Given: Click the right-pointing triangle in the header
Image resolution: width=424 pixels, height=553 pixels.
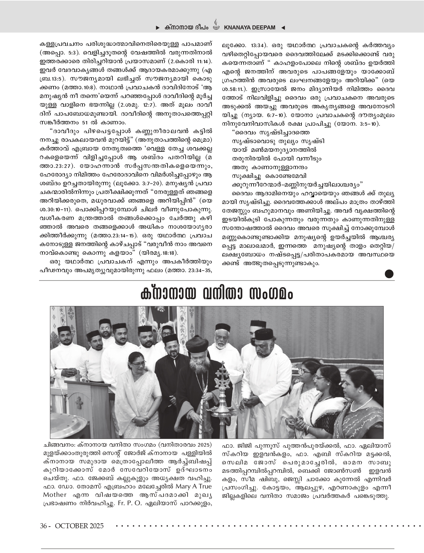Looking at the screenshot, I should pyautogui.click(x=158, y=28).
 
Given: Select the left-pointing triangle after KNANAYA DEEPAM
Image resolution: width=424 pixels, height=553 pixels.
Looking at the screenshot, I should pyautogui.click(x=283, y=28).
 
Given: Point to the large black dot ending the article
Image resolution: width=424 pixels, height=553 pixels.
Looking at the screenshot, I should pyautogui.click(x=389, y=274).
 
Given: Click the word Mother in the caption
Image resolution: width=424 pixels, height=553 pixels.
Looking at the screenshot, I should pyautogui.click(x=55, y=494).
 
